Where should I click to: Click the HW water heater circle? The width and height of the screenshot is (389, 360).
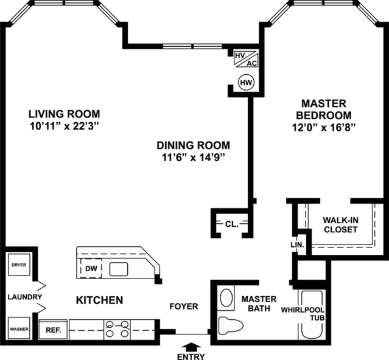point(246,81)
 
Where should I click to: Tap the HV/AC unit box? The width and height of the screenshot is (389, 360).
point(246,58)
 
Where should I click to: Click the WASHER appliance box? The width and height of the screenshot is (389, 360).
point(18,329)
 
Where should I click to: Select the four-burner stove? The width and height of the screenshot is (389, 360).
point(117,329)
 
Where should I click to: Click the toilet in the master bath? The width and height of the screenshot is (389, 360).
point(230,325)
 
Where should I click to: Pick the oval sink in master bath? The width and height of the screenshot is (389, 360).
point(226,299)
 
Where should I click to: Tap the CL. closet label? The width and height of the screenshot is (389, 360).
point(231,223)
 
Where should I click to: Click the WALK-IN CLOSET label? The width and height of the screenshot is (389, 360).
point(340,224)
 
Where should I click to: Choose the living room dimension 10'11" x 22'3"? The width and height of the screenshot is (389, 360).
point(64,126)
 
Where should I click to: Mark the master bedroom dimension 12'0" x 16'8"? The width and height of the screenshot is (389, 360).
point(323,127)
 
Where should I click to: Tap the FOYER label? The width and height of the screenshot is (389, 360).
point(183,306)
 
